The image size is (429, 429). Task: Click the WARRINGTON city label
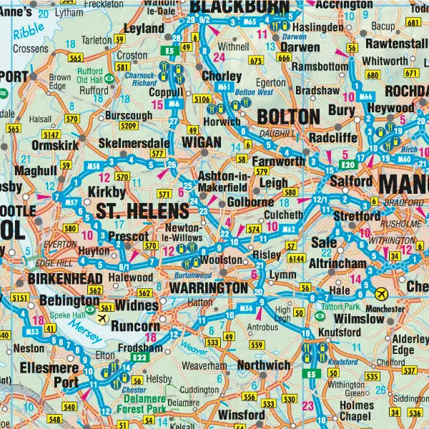point(209,287)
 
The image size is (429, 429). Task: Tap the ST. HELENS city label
point(142,211)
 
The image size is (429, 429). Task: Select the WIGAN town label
point(202,142)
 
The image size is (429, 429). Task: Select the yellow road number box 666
point(284,57)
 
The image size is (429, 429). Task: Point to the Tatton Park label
point(327,307)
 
